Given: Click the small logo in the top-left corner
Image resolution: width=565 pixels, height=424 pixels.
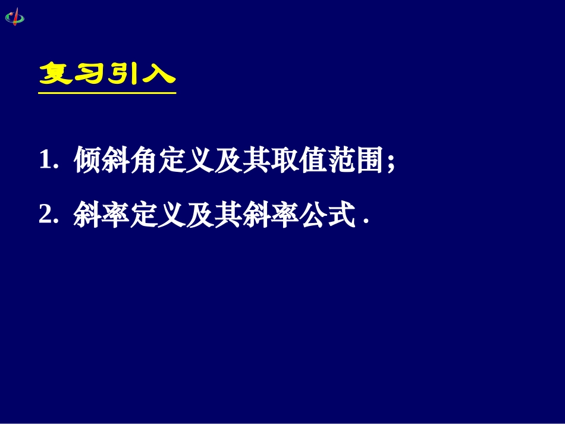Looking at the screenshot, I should tap(15, 16).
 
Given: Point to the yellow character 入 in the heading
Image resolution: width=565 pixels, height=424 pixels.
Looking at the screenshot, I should tap(158, 75).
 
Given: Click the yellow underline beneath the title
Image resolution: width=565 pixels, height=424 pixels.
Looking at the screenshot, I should tap(107, 92).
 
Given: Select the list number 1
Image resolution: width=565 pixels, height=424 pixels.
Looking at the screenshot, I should tap(46, 161).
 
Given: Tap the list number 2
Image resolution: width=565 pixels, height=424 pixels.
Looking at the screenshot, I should tap(46, 214).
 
